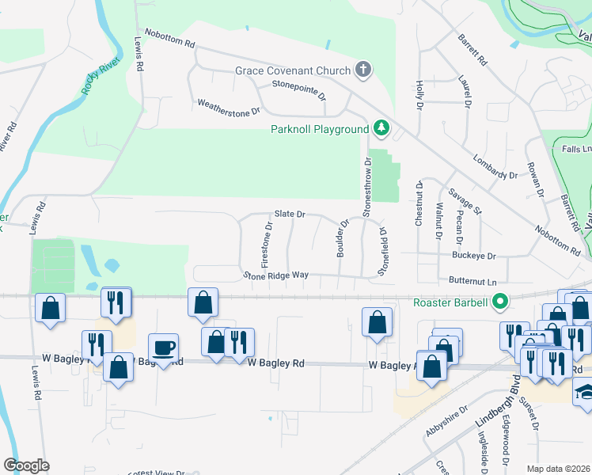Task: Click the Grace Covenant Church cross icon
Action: coord(363,70)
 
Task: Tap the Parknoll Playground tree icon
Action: coord(381,128)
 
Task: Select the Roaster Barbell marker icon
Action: coord(499,302)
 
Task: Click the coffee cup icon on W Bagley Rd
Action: coord(164,348)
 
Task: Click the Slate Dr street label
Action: coord(290,214)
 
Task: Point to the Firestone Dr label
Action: coord(267,243)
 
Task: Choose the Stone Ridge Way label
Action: coord(275,275)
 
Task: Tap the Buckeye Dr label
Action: coord(473,256)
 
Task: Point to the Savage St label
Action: coord(464,202)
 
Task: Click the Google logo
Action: coord(25,465)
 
